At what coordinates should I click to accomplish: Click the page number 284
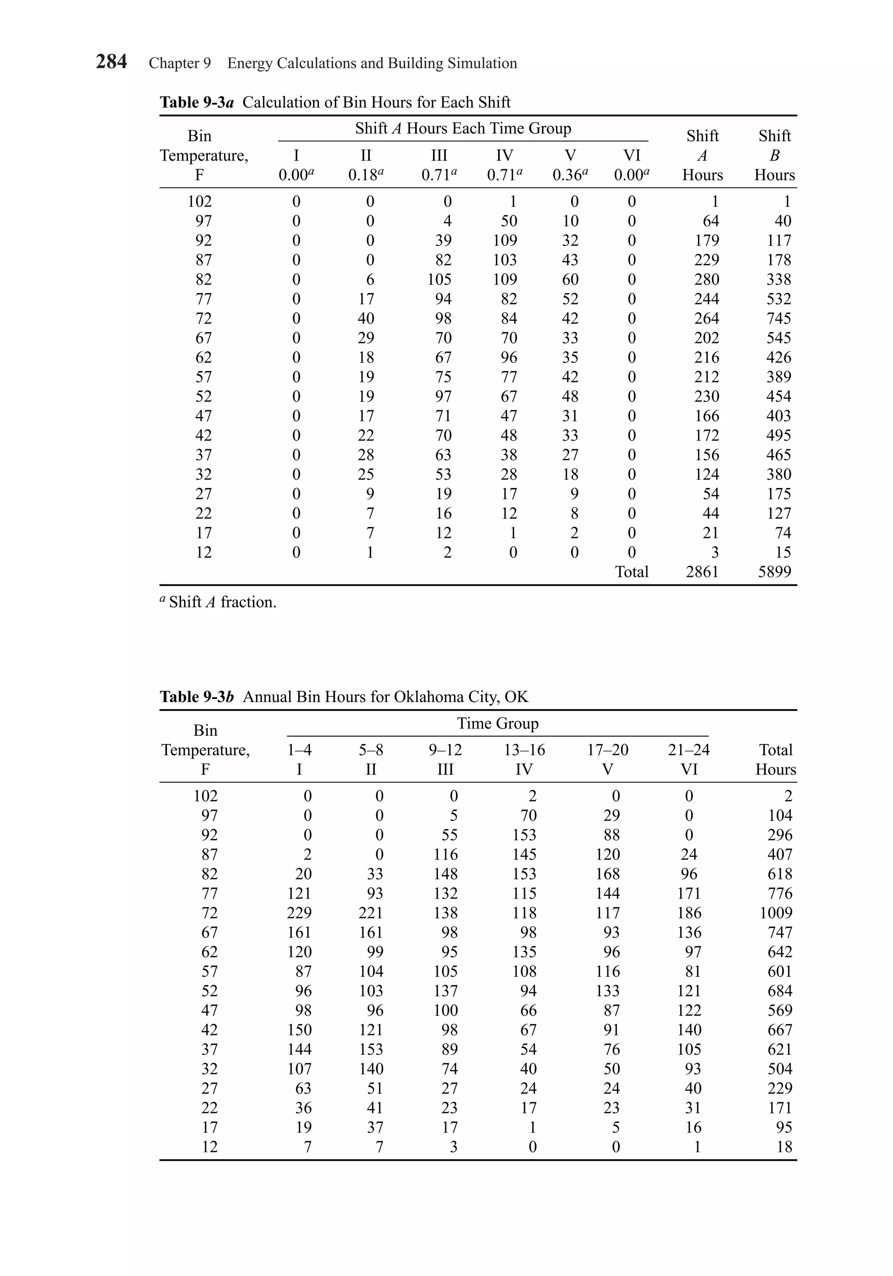click(111, 61)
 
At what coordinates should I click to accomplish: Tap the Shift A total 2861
click(702, 571)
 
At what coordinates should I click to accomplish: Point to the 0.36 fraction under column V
click(569, 175)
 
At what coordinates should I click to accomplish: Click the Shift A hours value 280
click(706, 280)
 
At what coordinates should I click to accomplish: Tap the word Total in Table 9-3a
click(631, 571)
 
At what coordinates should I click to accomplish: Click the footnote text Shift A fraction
click(222, 602)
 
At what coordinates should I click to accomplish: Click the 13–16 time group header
click(524, 750)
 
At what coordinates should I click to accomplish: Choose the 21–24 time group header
click(688, 750)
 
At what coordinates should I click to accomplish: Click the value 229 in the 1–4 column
click(299, 913)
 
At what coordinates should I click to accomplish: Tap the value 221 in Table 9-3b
click(371, 913)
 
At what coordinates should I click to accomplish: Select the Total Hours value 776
click(780, 894)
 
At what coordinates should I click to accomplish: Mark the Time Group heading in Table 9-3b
click(498, 723)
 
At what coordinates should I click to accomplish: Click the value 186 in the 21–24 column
click(689, 913)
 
